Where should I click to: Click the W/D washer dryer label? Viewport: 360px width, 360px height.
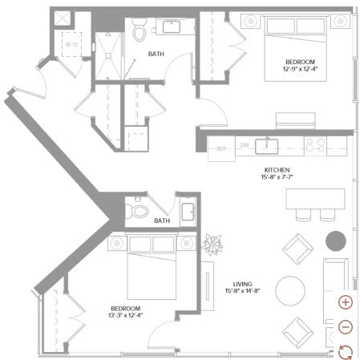click(x=71, y=43)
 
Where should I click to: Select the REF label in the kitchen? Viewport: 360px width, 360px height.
click(x=220, y=148)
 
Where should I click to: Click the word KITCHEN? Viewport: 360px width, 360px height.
click(x=277, y=171)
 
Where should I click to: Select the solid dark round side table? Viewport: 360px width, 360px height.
click(x=335, y=241)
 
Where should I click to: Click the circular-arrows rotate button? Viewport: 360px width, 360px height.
click(x=346, y=350)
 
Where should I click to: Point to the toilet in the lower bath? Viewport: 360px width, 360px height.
click(x=140, y=211)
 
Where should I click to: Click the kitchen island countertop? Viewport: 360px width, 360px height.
click(x=315, y=199)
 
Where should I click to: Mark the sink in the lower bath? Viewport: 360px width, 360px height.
click(x=188, y=212)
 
